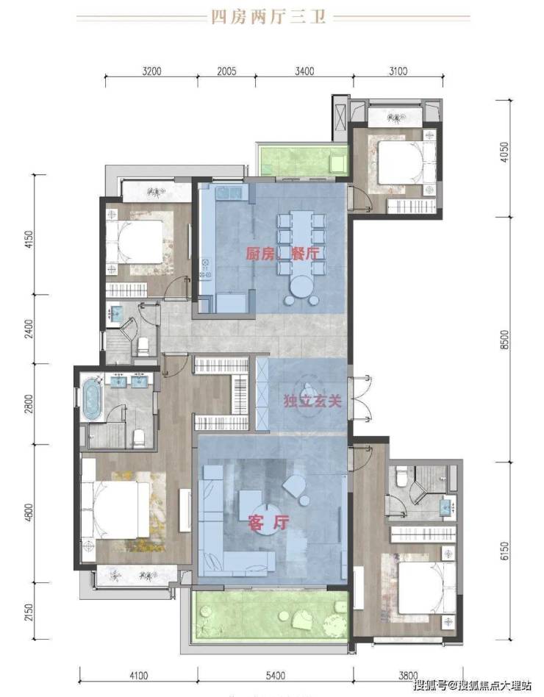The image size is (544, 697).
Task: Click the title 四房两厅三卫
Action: [268, 17]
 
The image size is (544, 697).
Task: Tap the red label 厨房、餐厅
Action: [283, 254]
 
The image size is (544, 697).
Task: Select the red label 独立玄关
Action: [313, 401]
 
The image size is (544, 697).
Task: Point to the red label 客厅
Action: [269, 522]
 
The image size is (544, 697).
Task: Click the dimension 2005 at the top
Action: [226, 71]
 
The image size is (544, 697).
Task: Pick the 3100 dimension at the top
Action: [398, 71]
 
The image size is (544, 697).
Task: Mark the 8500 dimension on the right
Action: [504, 340]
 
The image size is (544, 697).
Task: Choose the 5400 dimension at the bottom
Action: [276, 676]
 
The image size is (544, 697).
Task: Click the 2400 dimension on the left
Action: [29, 329]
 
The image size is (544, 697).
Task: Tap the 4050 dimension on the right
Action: [504, 151]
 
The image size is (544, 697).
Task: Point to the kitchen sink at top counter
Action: [229, 193]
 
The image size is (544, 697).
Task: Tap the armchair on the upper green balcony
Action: [337, 161]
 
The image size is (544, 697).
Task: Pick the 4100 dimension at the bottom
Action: [139, 676]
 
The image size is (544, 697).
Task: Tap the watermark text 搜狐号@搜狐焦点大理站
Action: [472, 685]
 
